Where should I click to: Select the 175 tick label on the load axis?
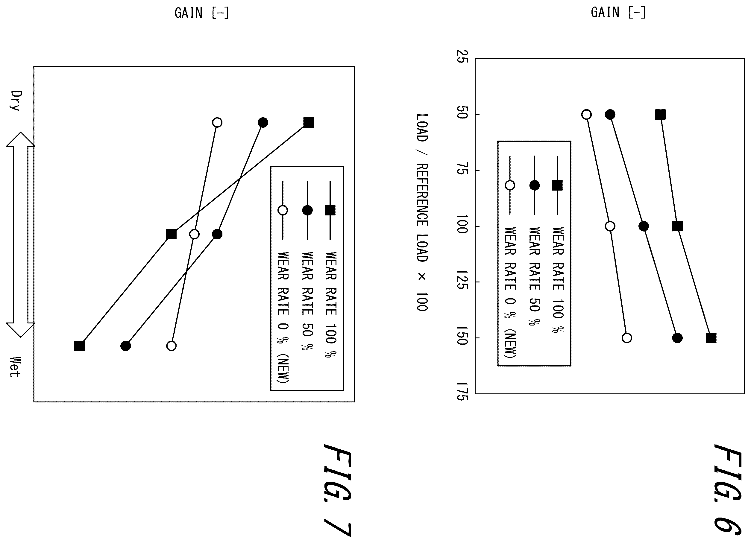coord(462,391)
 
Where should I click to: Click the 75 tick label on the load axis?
coord(462,171)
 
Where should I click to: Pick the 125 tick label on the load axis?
coord(462,280)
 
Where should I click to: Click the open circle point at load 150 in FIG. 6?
coord(627,338)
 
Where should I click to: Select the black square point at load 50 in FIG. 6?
coord(660,115)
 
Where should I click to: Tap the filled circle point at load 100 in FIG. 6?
coord(644,226)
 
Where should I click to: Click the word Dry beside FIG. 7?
coord(16,100)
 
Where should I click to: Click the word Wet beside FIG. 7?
coord(15,366)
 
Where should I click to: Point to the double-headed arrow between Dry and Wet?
coord(21,235)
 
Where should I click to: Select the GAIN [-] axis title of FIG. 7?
coord(202,13)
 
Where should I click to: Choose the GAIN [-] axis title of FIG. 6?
coord(618,13)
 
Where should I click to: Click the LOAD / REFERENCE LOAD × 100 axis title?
coord(422,212)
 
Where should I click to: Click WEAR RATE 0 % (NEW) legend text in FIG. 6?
coord(510,293)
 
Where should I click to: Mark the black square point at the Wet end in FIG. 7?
coord(80,346)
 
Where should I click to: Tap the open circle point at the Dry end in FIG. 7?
coord(217,122)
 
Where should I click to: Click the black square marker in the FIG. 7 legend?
coord(330,210)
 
